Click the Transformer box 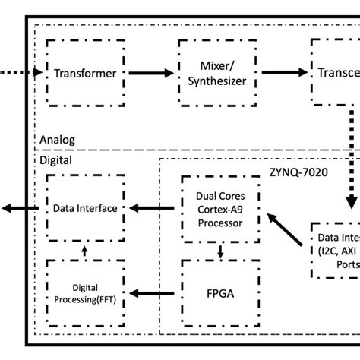84,74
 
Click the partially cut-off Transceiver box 334,74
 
